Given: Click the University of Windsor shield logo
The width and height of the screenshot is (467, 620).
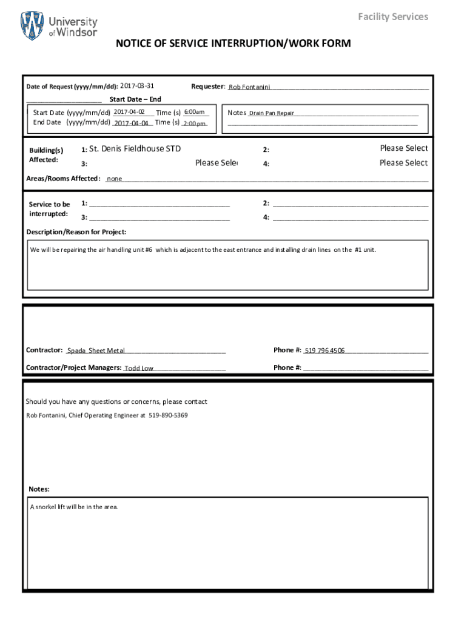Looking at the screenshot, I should tap(32, 25).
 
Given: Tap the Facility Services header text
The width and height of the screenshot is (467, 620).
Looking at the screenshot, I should tap(392, 16).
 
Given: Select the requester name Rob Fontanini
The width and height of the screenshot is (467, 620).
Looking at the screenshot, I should tap(249, 87).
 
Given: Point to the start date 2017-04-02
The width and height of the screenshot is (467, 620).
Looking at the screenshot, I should tap(129, 112).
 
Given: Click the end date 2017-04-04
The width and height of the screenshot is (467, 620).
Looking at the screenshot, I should tap(131, 123).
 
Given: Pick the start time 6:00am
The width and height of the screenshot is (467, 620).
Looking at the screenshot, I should tap(195, 112).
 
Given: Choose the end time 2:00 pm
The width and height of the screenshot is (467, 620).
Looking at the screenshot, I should tap(195, 124).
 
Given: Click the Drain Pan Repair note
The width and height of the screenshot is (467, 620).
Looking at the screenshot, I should tap(272, 113).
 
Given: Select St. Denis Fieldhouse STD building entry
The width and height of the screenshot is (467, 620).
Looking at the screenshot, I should tap(135, 149).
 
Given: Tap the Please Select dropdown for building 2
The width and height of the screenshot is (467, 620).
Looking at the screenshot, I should tap(403, 148).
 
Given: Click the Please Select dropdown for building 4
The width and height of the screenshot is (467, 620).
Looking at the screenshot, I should tap(403, 163).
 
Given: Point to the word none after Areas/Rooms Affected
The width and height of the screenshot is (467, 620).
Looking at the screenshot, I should tap(115, 179).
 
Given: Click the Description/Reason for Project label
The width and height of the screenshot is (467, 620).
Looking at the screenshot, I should tap(76, 232).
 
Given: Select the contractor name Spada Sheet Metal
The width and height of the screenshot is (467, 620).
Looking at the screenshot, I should tap(96, 351).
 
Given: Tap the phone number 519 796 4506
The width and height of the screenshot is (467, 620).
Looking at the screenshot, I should tap(324, 351).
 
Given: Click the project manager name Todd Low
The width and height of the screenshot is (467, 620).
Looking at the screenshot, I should tap(139, 368).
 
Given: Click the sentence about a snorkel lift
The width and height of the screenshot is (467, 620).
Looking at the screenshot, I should tap(74, 507).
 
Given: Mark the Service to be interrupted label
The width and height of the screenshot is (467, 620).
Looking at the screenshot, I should tap(49, 209).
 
